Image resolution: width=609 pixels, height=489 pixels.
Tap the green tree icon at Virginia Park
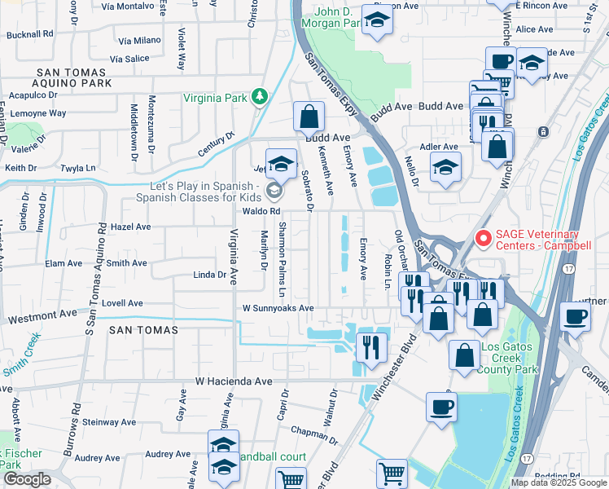point(260,98)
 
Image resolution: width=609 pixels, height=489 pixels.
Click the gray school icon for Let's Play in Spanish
point(275,192)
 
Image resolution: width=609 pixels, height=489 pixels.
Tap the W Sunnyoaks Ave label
point(278,308)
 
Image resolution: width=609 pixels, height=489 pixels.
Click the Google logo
point(27,479)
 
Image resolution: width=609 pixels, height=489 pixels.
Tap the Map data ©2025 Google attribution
point(558,482)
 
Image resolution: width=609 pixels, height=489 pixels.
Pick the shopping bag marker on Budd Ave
point(309,117)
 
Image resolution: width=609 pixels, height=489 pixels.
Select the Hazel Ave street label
point(131,227)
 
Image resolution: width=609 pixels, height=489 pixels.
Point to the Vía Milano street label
point(139,40)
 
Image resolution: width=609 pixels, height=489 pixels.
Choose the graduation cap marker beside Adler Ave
point(445,168)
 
